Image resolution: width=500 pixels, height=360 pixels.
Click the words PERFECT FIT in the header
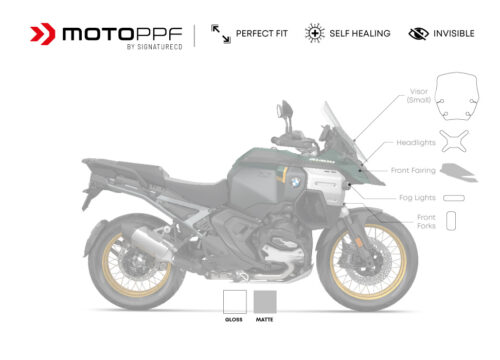coord(262,33)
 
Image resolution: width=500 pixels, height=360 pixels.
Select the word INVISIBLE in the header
coord(453,33)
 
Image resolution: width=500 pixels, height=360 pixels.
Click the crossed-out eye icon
coord(418,33)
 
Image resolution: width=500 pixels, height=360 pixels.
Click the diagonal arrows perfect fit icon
coord(221,33)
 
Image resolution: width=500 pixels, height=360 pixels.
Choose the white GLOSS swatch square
coord(235,302)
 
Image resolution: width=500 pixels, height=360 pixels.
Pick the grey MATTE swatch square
coord(265,302)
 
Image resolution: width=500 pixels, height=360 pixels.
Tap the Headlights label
coord(414,143)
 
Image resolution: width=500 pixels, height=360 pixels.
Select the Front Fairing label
coord(413,170)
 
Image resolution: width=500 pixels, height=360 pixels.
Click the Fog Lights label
coord(418,197)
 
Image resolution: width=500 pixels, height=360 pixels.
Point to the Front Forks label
coord(425,221)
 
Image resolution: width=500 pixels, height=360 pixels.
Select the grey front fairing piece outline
coord(459,171)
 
